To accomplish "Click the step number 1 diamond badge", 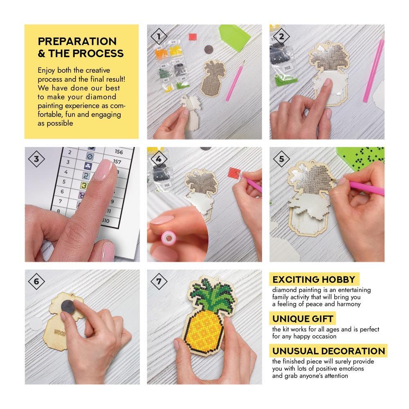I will pos(159,36).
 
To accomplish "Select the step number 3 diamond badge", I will pos(36,159).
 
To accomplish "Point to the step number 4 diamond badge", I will pos(159,159).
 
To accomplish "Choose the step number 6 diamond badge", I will pos(36,281).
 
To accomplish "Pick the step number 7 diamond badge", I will pos(159,281).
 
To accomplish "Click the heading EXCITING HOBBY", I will pos(314,280).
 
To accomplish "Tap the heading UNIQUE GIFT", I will pos(303,319).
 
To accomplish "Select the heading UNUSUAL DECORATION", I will pos(328,351).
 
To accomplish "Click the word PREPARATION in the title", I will pos(77,41).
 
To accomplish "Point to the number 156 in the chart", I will pos(119,152).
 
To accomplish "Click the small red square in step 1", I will pos(193,36).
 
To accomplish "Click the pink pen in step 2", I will pos(373,70).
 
